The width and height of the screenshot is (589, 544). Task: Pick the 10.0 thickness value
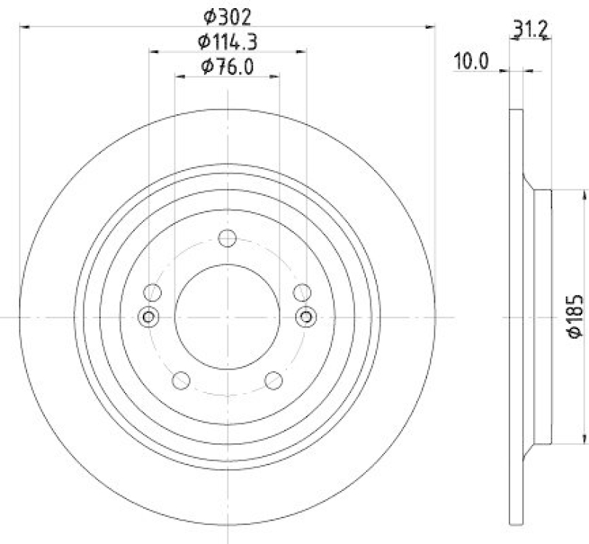click(x=471, y=62)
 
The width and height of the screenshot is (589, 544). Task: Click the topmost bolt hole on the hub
click(x=228, y=239)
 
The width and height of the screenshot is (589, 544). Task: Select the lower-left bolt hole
click(x=180, y=380)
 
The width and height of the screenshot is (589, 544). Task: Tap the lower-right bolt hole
click(x=274, y=380)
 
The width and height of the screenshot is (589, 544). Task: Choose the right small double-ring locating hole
click(x=306, y=317)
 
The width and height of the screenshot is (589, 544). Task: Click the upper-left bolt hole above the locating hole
click(x=153, y=292)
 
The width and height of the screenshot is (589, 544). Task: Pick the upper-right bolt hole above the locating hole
click(x=302, y=292)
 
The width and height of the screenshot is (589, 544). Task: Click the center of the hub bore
click(x=228, y=317)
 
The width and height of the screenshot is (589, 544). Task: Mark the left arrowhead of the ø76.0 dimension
click(x=179, y=76)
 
